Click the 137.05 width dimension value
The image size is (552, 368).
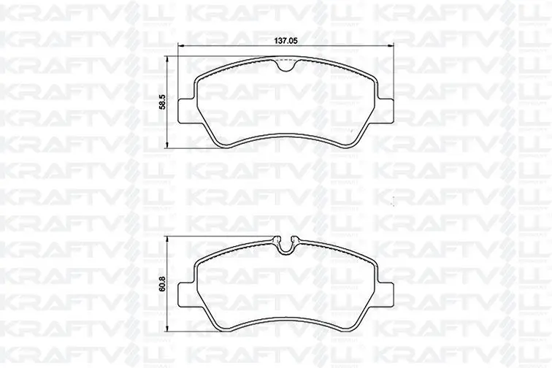[x=286, y=41]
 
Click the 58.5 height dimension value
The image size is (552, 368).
[x=163, y=102]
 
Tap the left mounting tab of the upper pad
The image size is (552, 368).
[x=187, y=111]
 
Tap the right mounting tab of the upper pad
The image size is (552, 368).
[x=386, y=111]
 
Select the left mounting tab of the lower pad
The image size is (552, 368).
[x=187, y=294]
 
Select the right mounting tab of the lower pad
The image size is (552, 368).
[x=386, y=294]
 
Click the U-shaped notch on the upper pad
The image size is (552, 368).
[x=286, y=66]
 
